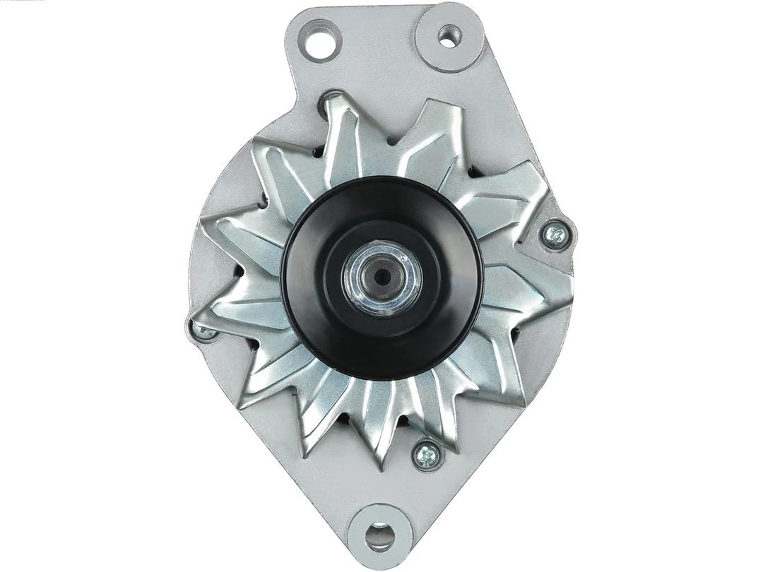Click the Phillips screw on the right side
pyautogui.click(x=555, y=233)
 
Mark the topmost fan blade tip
pyautogui.click(x=332, y=99)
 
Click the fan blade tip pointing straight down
pyautogui.click(x=381, y=466)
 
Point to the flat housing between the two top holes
pyautogui.click(x=381, y=42)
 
